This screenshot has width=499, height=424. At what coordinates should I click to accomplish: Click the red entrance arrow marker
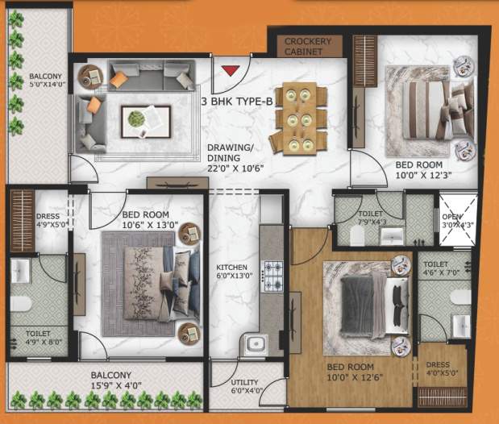[231, 69]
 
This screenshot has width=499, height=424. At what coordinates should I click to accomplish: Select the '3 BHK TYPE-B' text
[236, 102]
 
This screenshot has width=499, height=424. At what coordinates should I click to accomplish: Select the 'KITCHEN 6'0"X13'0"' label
[231, 272]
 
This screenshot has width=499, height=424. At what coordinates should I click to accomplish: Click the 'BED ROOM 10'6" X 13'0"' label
[146, 221]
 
